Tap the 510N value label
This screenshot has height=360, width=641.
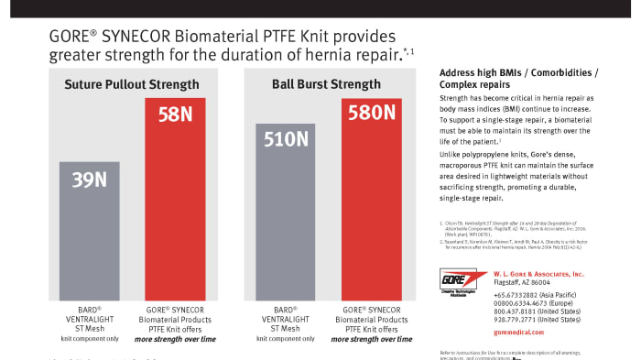[x=286, y=140]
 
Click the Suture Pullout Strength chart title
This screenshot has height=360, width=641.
[x=132, y=84]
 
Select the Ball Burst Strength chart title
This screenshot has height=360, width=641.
[x=327, y=84]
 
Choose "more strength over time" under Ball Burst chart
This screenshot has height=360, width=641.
[x=371, y=338]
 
